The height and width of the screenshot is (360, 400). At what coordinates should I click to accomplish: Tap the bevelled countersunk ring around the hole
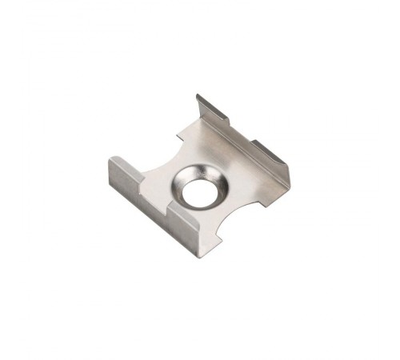[211, 182]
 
